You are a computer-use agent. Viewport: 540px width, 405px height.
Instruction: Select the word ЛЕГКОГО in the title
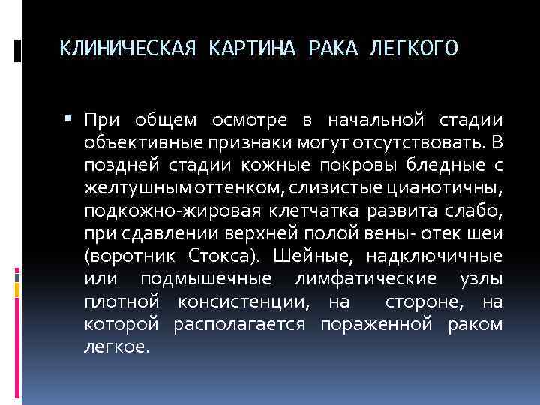413,49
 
